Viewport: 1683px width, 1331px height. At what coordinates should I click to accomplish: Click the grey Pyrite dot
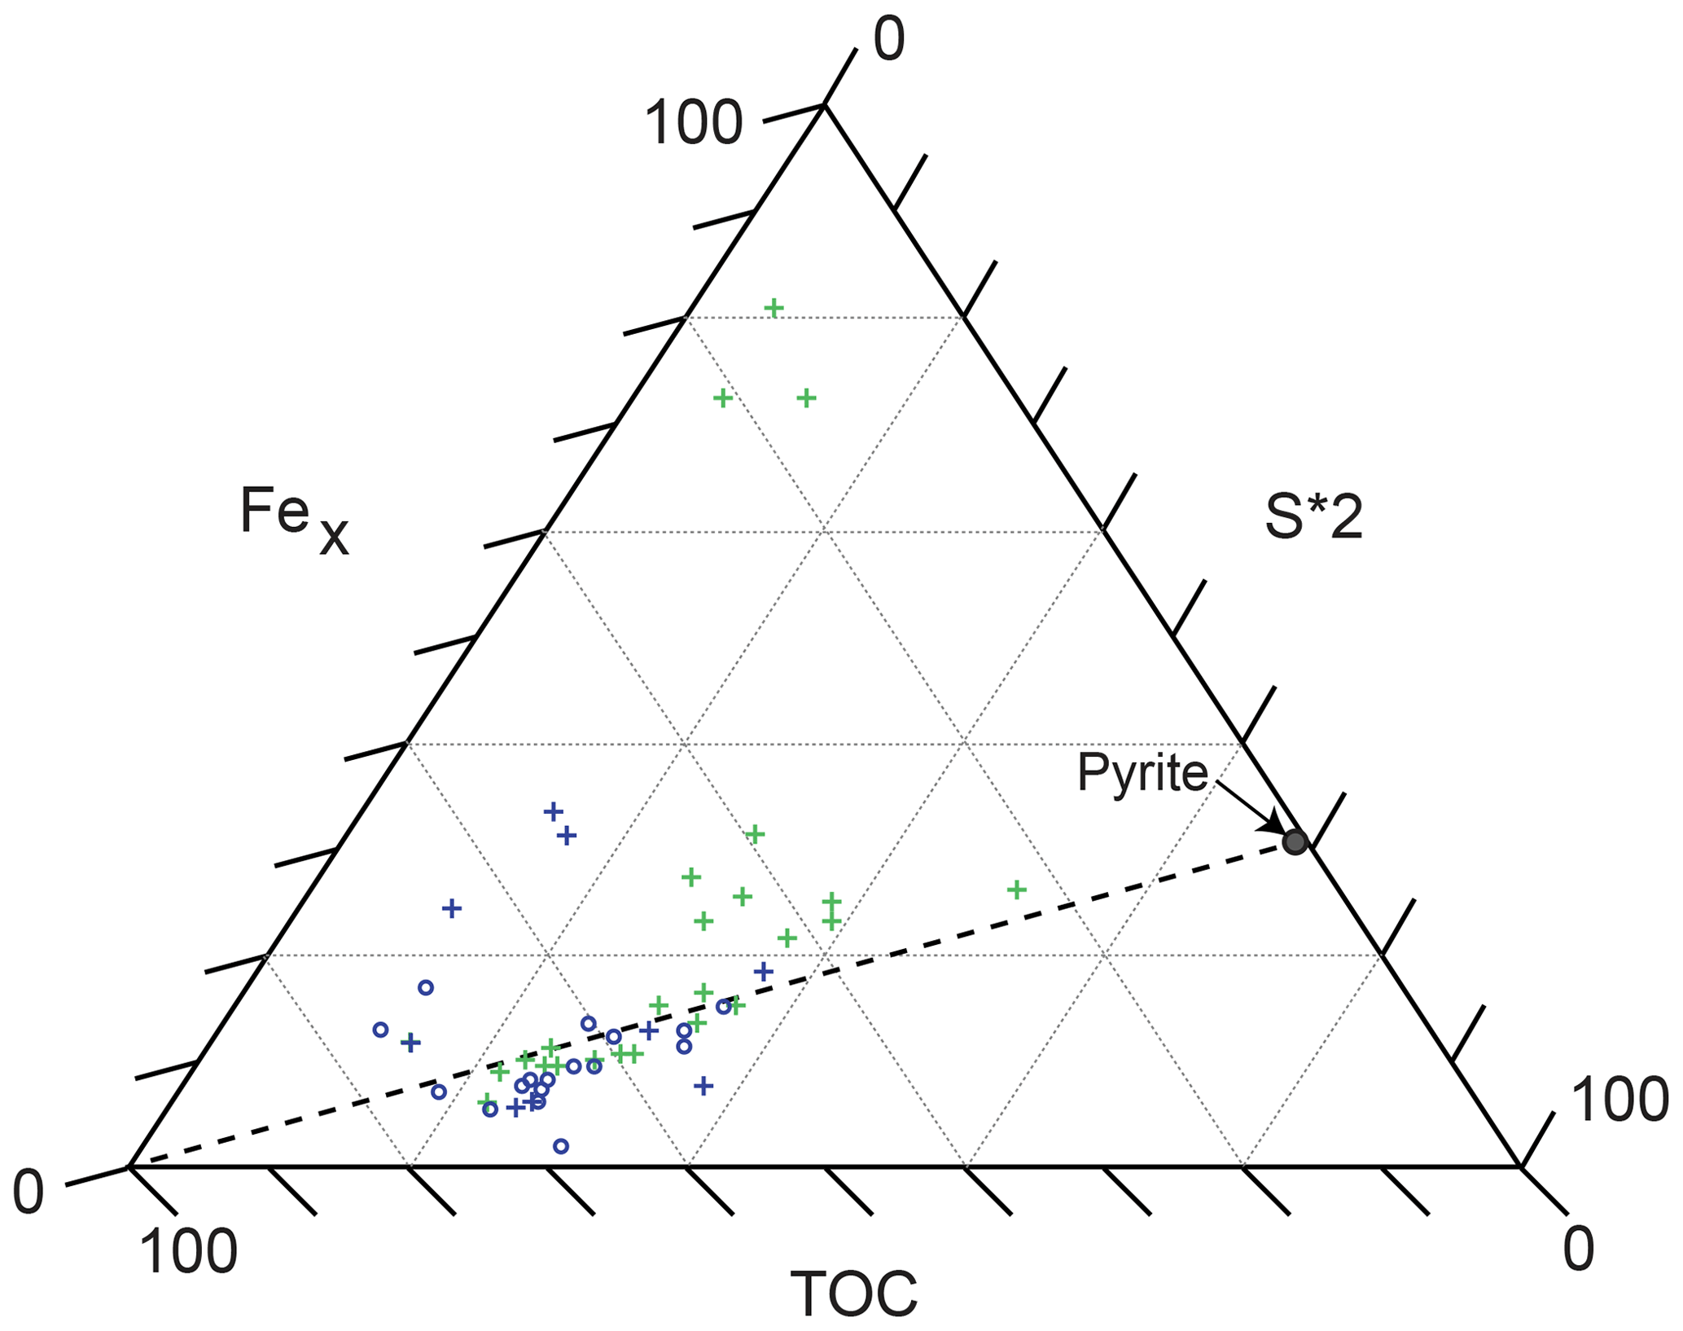pos(1295,842)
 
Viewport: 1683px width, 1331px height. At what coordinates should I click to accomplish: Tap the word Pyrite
pos(1142,772)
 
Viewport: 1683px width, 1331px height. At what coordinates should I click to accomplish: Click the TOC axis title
pos(854,1294)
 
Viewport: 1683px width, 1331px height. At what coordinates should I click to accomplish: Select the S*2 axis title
pos(1313,518)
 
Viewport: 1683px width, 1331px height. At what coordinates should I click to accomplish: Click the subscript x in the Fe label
pos(334,537)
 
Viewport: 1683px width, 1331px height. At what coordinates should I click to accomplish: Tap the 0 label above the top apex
pos(889,39)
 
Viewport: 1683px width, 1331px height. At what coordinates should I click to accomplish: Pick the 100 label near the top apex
pos(694,124)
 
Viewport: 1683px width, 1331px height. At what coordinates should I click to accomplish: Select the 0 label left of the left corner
pos(28,1193)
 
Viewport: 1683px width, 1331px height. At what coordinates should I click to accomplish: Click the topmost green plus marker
pos(774,308)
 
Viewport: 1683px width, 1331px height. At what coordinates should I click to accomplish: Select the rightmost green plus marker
pos(1016,890)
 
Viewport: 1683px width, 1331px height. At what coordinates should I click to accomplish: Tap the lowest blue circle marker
pos(561,1146)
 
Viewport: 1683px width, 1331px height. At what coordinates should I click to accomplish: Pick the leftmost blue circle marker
pos(380,1030)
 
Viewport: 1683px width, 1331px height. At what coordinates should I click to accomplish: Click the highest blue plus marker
pos(553,811)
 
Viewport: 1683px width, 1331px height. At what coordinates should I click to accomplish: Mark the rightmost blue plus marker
pos(763,971)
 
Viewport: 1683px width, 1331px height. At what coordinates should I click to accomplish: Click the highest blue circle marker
pos(425,987)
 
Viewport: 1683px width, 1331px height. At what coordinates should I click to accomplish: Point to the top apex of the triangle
pos(824,105)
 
